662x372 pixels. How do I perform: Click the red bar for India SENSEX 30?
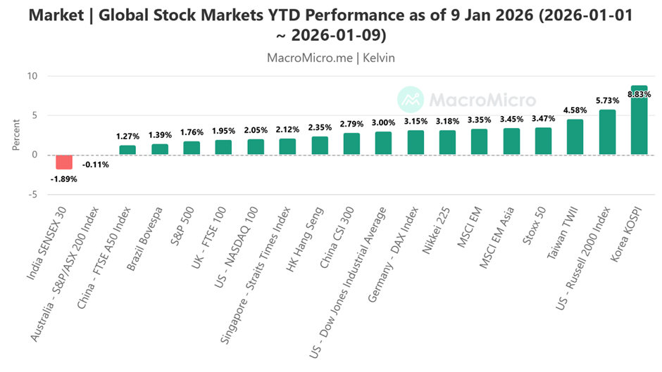click(x=64, y=162)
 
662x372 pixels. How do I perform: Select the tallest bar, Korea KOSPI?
click(x=639, y=120)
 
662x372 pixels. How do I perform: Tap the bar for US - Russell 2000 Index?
click(x=607, y=132)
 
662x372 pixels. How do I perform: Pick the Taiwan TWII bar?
click(x=575, y=137)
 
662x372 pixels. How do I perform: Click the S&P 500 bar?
click(x=192, y=148)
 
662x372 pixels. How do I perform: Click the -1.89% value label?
click(x=64, y=179)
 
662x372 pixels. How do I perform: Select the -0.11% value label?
click(x=95, y=165)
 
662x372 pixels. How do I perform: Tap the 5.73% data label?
click(x=607, y=101)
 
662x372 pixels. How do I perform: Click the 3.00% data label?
click(x=383, y=122)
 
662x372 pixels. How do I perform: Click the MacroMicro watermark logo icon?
click(x=410, y=100)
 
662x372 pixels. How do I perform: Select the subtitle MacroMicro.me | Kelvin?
click(x=331, y=58)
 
